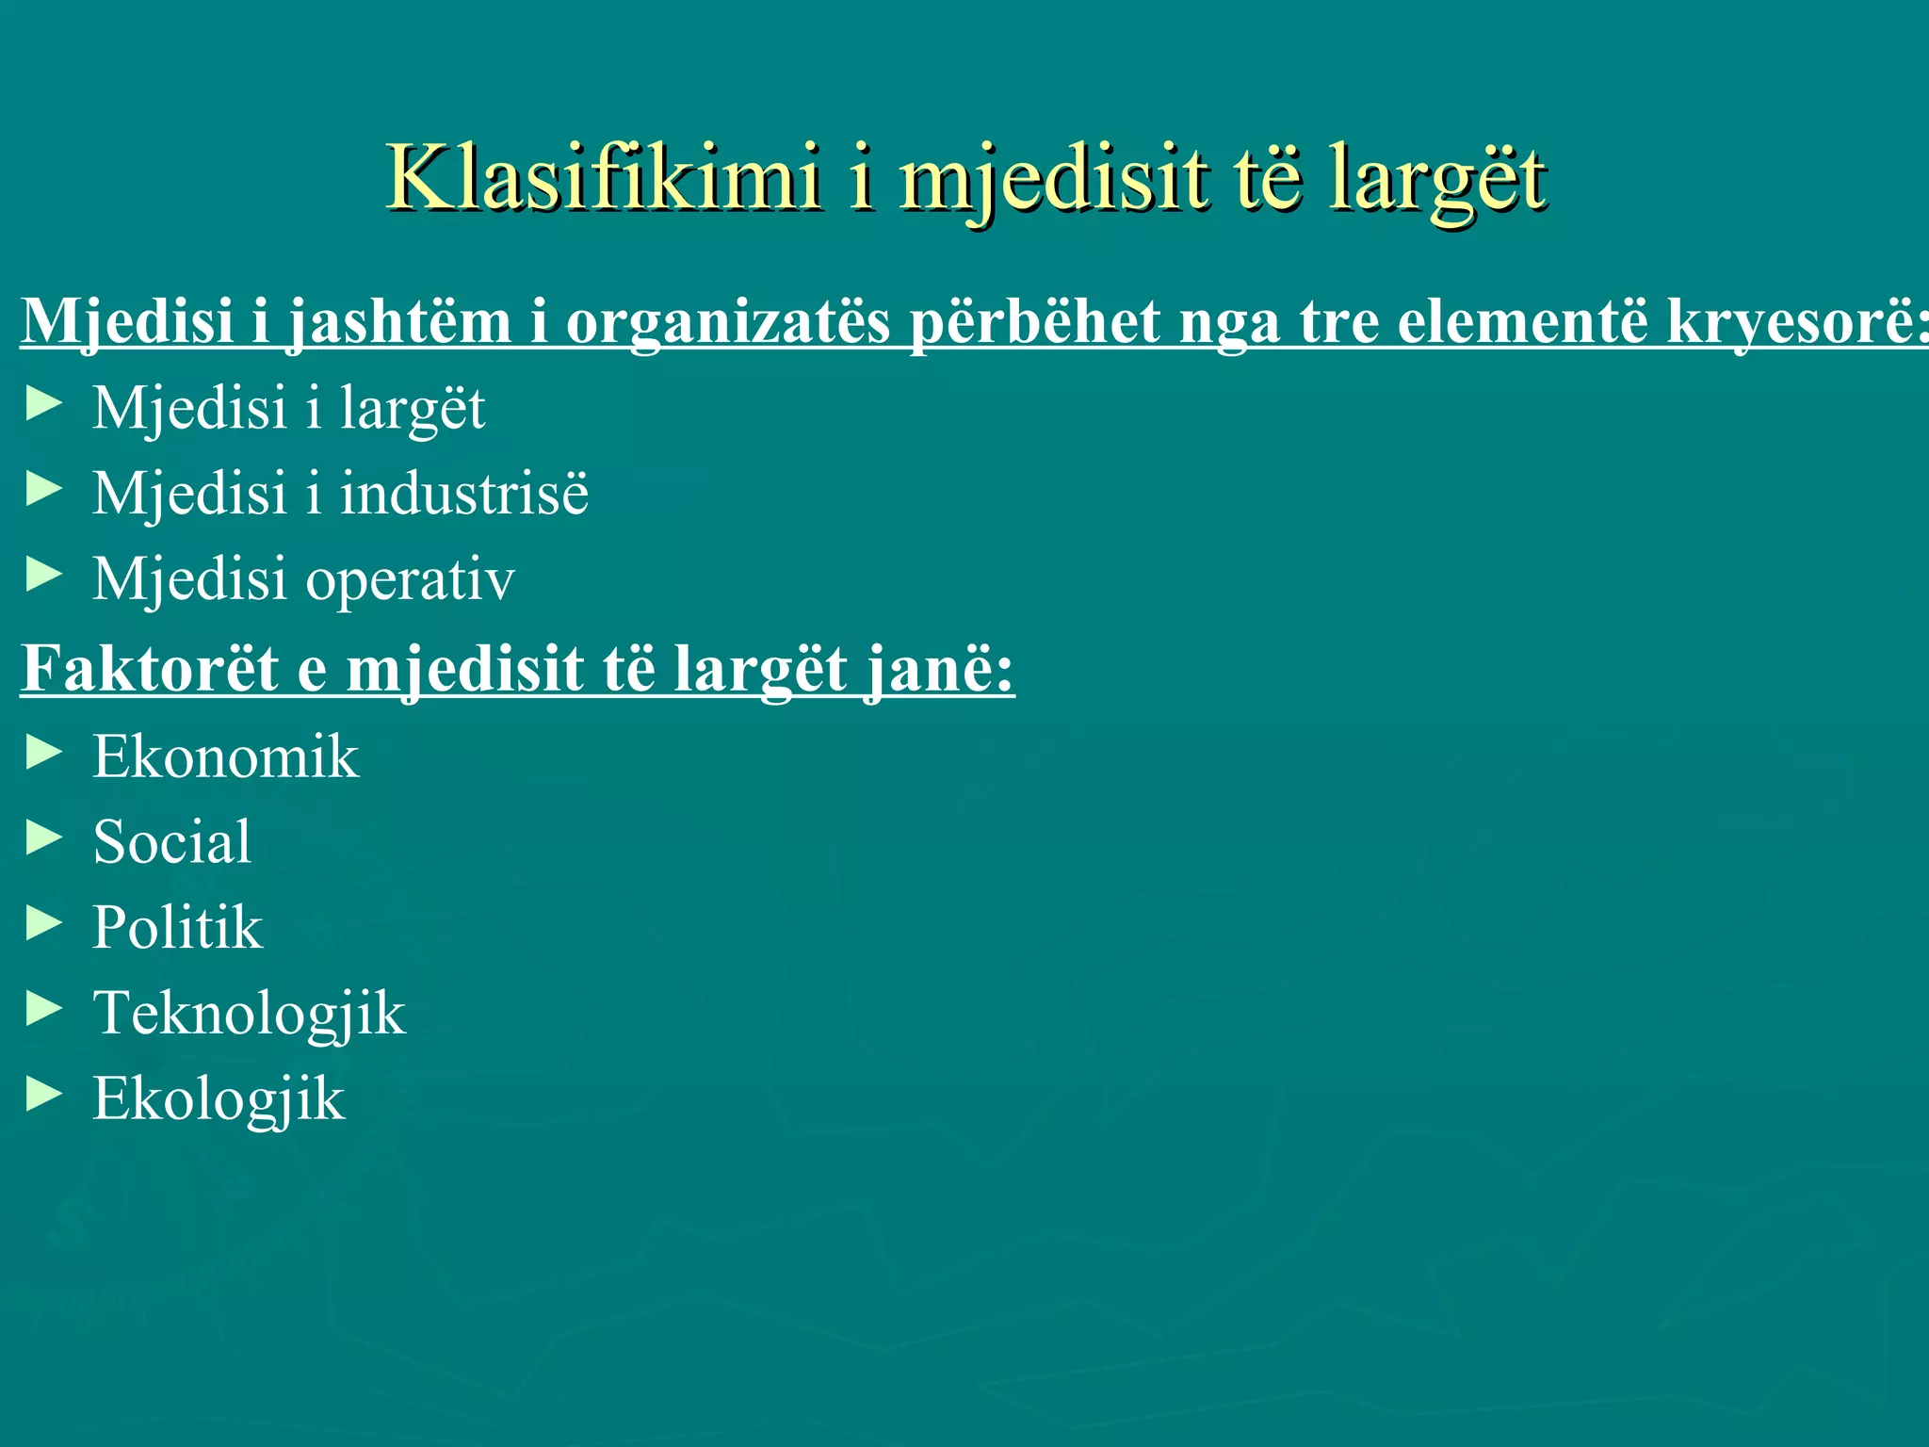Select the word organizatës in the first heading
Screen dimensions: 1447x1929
click(x=727, y=322)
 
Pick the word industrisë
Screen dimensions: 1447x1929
click(x=464, y=493)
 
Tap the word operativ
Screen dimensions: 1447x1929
click(x=410, y=578)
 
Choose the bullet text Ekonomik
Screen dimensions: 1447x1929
click(x=225, y=756)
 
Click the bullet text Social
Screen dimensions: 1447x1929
click(x=172, y=841)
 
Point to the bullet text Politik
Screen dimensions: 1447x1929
click(x=177, y=927)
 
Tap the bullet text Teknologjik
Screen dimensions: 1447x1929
click(x=249, y=1014)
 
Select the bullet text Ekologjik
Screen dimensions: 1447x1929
click(x=219, y=1098)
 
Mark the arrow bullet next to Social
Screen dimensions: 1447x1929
click(x=44, y=837)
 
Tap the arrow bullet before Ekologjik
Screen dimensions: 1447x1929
click(x=44, y=1095)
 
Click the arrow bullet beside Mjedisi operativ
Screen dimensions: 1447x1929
click(x=44, y=575)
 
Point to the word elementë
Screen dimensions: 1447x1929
click(x=1523, y=322)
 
